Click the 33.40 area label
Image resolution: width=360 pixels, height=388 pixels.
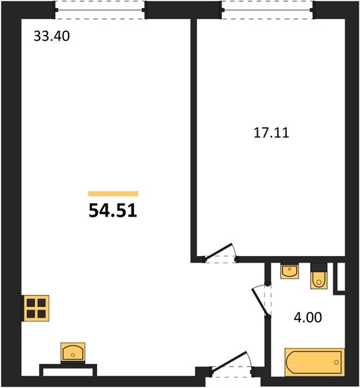(52, 36)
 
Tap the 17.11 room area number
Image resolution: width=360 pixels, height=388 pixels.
(271, 133)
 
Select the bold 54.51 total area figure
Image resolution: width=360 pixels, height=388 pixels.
(113, 211)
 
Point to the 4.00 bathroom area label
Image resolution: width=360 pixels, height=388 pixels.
(308, 318)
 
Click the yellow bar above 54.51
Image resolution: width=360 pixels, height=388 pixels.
(113, 194)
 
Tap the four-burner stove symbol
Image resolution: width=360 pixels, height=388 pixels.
(36, 308)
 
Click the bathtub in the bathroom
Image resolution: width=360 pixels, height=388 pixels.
(315, 362)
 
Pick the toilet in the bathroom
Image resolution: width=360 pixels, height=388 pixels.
(319, 281)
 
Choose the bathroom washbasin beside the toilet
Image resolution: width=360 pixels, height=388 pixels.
(289, 271)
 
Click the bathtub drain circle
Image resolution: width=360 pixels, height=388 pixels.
(336, 362)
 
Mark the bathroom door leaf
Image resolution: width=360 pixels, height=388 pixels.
(260, 303)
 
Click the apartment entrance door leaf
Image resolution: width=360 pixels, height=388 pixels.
(229, 361)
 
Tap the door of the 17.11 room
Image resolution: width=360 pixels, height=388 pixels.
(218, 252)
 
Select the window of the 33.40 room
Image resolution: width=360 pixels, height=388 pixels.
(100, 10)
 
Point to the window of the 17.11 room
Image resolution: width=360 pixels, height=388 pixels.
(267, 10)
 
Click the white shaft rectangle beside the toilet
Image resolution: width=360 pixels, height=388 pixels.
(341, 277)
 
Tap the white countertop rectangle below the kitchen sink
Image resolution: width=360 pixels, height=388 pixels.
(68, 372)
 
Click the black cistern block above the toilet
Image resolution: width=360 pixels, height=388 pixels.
(319, 268)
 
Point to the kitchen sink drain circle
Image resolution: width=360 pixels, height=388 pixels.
(73, 355)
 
